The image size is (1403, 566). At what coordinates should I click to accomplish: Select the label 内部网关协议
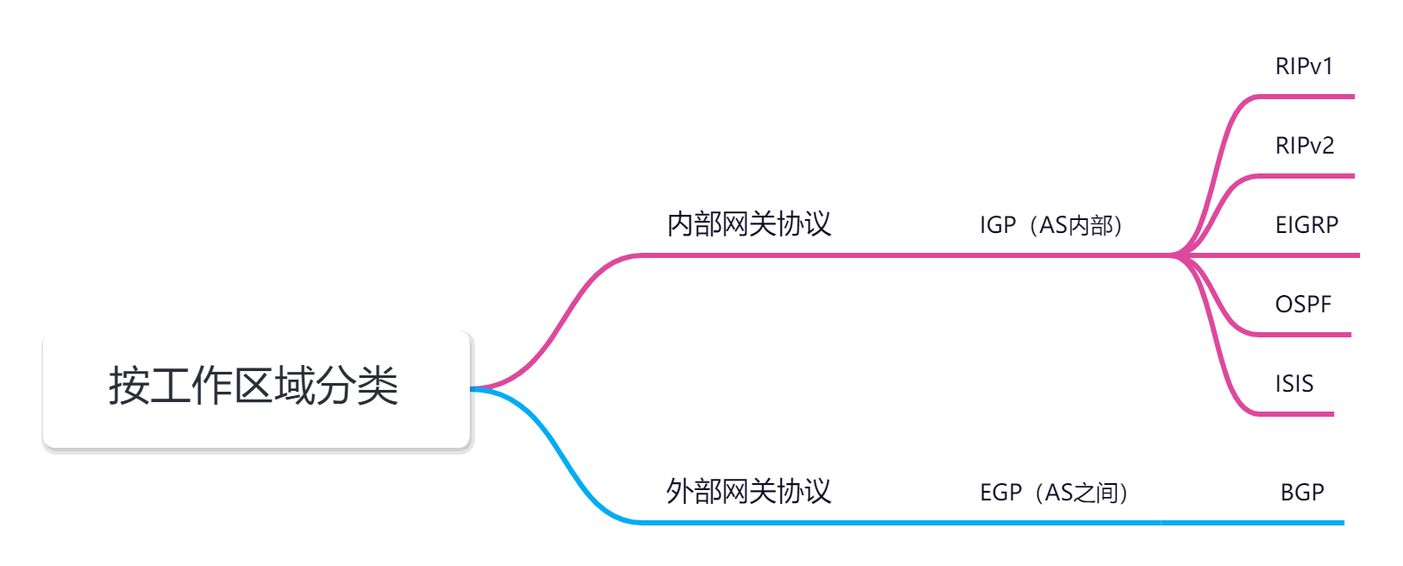(x=748, y=224)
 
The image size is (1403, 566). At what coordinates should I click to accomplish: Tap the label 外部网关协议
(x=748, y=492)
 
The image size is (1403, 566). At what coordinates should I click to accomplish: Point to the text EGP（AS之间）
(x=1055, y=493)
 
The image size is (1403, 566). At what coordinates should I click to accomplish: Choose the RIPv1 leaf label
(x=1304, y=66)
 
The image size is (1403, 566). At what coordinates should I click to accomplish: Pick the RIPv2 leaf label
(x=1305, y=146)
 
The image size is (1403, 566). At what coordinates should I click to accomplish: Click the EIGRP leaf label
(x=1306, y=225)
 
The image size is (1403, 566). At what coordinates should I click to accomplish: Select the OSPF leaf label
(x=1303, y=305)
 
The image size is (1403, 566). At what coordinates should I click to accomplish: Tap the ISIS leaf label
(x=1294, y=384)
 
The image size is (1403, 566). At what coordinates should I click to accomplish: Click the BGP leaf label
(x=1302, y=493)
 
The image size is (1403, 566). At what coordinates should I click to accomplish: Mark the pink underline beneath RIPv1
(x=1306, y=97)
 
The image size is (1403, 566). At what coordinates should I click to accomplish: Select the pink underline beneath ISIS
(x=1293, y=414)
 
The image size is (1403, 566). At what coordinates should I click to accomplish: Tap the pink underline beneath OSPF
(x=1302, y=335)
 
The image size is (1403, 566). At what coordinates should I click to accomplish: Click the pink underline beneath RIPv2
(x=1306, y=176)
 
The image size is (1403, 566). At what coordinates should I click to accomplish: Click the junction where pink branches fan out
(x=1177, y=255)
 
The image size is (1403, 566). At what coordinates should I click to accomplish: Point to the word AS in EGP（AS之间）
(x=1059, y=493)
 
